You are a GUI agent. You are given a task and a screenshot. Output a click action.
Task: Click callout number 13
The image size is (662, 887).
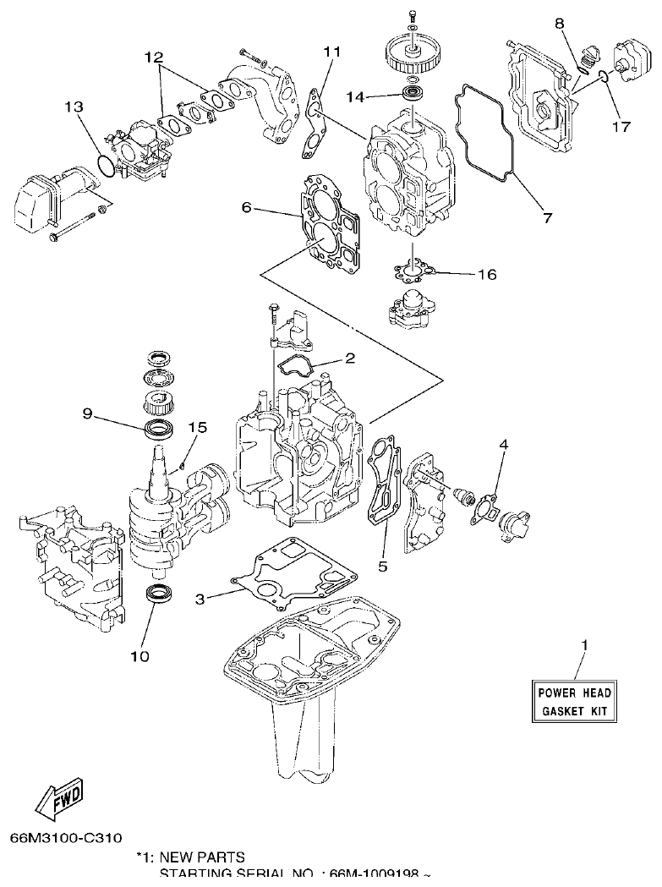(x=74, y=107)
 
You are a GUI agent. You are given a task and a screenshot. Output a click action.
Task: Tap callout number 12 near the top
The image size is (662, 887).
(x=153, y=57)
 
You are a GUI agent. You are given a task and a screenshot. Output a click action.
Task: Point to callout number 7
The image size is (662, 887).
(x=547, y=217)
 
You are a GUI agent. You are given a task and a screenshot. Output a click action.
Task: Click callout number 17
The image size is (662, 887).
(x=622, y=128)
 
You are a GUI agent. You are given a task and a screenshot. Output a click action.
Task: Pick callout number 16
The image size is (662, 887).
(x=486, y=275)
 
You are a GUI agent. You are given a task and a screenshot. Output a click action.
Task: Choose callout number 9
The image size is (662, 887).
(x=87, y=414)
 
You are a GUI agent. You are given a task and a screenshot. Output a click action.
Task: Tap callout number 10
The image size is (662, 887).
(x=140, y=655)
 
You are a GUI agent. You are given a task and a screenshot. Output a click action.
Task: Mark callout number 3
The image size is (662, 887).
(x=200, y=599)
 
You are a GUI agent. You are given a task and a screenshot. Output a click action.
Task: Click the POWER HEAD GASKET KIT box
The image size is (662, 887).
(x=574, y=702)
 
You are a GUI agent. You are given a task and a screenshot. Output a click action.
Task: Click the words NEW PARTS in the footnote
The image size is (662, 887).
(x=202, y=857)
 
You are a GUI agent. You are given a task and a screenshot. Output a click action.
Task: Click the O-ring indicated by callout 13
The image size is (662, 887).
(x=104, y=166)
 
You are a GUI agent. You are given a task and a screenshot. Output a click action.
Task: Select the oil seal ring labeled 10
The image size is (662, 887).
(x=156, y=593)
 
